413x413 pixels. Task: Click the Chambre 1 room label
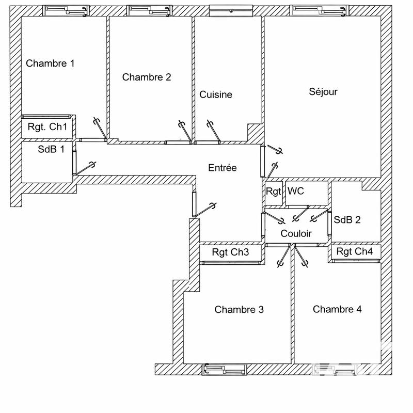pyautogui.click(x=50, y=64)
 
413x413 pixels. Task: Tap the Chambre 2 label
pyautogui.click(x=147, y=77)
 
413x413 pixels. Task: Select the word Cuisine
pyautogui.click(x=216, y=95)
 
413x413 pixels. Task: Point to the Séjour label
pyautogui.click(x=323, y=92)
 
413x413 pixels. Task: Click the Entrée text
pyautogui.click(x=223, y=168)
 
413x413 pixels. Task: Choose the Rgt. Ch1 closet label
pyautogui.click(x=47, y=127)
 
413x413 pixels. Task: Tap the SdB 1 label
pyautogui.click(x=51, y=150)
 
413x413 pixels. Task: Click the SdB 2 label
pyautogui.click(x=347, y=219)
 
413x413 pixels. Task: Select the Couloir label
pyautogui.click(x=296, y=234)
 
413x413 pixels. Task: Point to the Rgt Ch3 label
pyautogui.click(x=230, y=252)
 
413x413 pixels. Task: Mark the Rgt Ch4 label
pyautogui.click(x=355, y=252)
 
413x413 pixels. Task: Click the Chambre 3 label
pyautogui.click(x=239, y=310)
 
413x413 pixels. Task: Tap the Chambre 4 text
pyautogui.click(x=337, y=309)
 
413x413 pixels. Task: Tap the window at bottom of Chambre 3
pyautogui.click(x=224, y=370)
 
